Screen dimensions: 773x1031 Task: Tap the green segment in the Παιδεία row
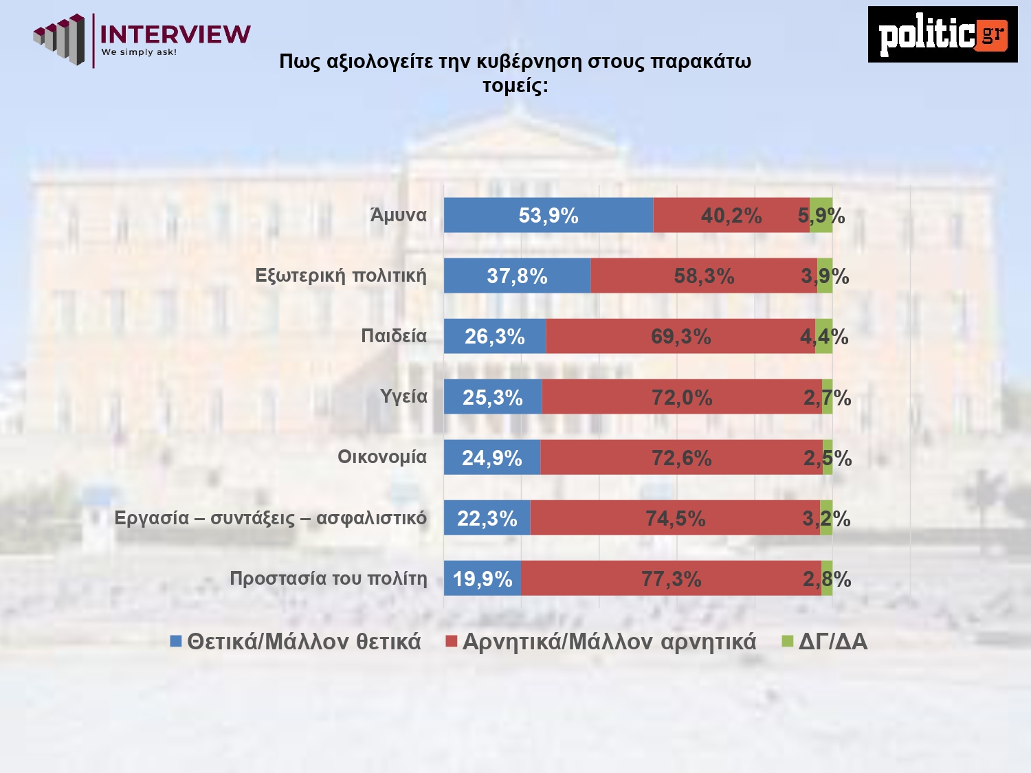click(824, 336)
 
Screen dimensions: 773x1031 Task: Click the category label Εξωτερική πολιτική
click(340, 276)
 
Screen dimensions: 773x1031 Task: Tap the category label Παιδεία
click(394, 336)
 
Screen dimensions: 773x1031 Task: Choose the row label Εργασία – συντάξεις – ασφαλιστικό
click(270, 518)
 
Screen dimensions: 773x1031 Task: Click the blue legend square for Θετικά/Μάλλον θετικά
click(176, 642)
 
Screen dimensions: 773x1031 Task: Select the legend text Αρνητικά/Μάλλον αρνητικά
click(609, 642)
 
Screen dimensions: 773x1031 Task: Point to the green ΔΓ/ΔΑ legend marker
click(788, 642)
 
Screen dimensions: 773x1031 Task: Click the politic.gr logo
click(942, 34)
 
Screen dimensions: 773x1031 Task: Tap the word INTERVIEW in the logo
click(175, 34)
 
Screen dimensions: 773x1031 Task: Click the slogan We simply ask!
click(139, 52)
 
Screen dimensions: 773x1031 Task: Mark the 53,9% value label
click(548, 216)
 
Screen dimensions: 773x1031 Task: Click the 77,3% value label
click(672, 579)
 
